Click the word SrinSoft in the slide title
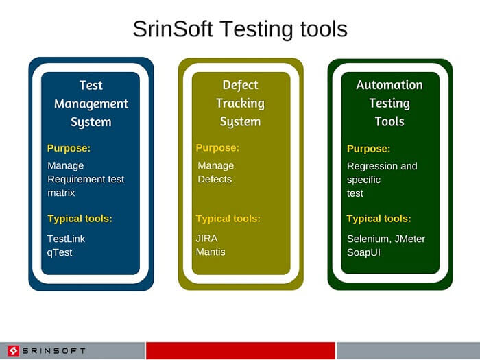[173, 29]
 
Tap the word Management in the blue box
[91, 104]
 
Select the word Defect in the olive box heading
[240, 85]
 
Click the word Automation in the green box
[389, 85]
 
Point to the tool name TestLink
[66, 239]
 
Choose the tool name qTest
[60, 252]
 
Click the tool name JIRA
[207, 238]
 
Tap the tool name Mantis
[211, 252]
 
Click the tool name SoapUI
[363, 252]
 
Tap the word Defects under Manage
[215, 179]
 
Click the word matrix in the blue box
[61, 193]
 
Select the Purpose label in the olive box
[217, 148]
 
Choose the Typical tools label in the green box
[379, 219]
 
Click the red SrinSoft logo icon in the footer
[14, 351]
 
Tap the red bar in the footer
[241, 351]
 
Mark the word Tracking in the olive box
[240, 104]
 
